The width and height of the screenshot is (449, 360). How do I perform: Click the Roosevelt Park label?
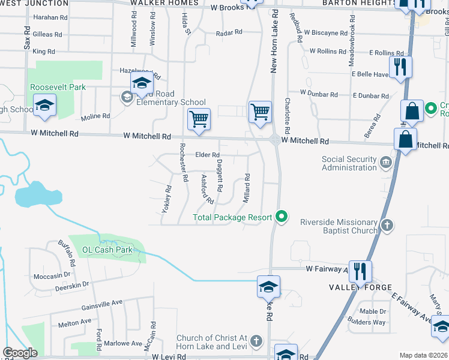click(x=59, y=87)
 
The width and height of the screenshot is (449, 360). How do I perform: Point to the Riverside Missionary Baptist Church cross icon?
click(x=387, y=226)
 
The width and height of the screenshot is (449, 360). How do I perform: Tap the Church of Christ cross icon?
click(x=256, y=342)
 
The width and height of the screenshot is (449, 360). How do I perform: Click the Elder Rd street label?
click(x=208, y=155)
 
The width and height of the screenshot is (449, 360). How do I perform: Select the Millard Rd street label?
click(x=247, y=187)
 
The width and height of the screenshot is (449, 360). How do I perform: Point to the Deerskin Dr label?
click(x=72, y=283)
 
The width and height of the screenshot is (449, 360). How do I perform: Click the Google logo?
click(x=20, y=353)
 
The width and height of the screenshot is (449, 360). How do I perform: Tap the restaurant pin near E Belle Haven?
click(x=400, y=67)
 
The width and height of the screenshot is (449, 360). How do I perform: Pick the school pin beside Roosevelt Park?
click(x=44, y=107)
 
